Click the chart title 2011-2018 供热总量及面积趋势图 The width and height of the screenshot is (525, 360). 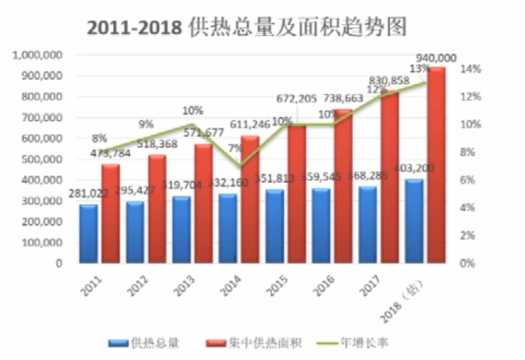coord(246,27)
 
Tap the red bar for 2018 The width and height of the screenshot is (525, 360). coord(436,165)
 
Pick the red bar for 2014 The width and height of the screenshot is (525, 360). coord(250,199)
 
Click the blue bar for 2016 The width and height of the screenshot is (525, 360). coord(320,226)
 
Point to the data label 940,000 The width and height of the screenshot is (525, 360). coord(435,58)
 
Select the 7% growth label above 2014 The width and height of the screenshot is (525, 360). coord(235,149)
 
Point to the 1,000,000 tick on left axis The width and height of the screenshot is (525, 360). coord(37,55)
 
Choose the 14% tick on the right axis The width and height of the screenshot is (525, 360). coord(470,69)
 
